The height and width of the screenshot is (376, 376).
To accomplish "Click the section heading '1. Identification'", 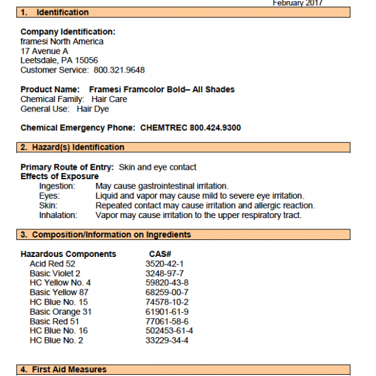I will pyautogui.click(x=55, y=13).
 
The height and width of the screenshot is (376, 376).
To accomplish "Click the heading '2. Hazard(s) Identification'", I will pyautogui.click(x=73, y=147).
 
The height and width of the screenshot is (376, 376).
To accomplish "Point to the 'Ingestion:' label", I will pyautogui.click(x=57, y=186).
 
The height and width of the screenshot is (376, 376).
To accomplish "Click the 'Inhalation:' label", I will pyautogui.click(x=58, y=215).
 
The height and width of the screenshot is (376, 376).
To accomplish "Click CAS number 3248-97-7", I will pyautogui.click(x=164, y=273).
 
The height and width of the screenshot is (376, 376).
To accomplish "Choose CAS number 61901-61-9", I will pyautogui.click(x=167, y=311).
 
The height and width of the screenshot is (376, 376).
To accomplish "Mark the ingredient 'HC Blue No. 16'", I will pyautogui.click(x=59, y=331).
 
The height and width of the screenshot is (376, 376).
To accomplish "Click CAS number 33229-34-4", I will pyautogui.click(x=167, y=340).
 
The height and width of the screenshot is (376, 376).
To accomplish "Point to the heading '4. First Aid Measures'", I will pyautogui.click(x=64, y=369).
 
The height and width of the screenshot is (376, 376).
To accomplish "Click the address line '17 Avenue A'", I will pyautogui.click(x=44, y=51).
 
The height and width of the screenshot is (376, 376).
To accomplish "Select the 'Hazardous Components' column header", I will pyautogui.click(x=68, y=254).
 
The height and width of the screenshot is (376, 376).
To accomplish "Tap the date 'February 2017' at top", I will pyautogui.click(x=298, y=3).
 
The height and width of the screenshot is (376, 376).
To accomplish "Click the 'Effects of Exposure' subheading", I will pyautogui.click(x=59, y=177).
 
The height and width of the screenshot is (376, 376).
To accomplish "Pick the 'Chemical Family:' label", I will pyautogui.click(x=52, y=99).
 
